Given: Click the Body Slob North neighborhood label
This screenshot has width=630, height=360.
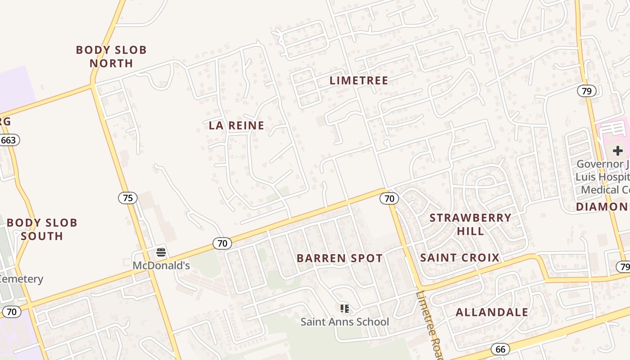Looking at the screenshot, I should (111, 56).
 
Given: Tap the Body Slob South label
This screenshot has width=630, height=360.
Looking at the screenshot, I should (42, 229).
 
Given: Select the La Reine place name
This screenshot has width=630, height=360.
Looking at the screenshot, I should (236, 126).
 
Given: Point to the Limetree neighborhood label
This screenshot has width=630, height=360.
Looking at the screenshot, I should (359, 81).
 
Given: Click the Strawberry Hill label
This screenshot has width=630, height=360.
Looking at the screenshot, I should (470, 224).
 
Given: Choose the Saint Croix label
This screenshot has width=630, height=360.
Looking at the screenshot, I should (459, 258).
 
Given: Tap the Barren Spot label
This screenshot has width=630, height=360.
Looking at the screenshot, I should (340, 258).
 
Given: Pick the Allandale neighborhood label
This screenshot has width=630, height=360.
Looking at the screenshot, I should (492, 312).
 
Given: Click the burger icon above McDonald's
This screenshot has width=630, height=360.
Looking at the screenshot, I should (161, 252).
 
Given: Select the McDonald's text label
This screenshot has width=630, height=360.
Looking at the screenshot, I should (161, 265).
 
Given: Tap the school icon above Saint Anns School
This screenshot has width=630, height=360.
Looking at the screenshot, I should (345, 308).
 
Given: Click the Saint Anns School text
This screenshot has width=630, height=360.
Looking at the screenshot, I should (345, 322).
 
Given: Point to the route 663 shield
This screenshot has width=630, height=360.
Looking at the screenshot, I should (9, 140).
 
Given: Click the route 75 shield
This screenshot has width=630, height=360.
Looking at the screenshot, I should (128, 198).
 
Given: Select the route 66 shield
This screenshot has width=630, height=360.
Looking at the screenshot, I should (500, 349).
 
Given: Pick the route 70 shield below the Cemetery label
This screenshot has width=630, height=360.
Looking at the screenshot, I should (12, 311).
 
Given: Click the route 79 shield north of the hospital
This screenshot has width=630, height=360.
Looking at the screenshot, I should (587, 91).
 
